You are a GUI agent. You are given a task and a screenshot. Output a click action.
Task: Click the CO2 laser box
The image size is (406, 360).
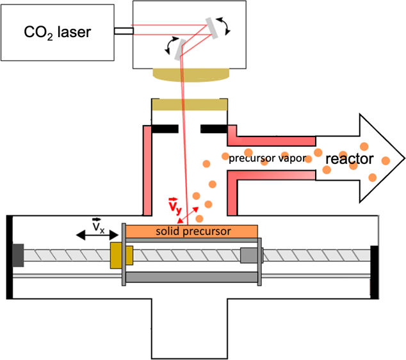click(x=58, y=32)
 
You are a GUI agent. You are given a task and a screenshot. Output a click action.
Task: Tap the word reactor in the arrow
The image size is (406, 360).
click(x=350, y=158)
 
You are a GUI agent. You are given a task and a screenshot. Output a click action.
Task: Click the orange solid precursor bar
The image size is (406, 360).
click(x=192, y=230)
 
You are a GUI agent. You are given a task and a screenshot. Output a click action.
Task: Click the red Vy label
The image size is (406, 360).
click(x=173, y=207)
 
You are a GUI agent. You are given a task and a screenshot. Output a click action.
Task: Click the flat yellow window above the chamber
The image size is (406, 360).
click(x=190, y=104)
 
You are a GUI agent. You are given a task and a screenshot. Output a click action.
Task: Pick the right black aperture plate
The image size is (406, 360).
click(x=213, y=129)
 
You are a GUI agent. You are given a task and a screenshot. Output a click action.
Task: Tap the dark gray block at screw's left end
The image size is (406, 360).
click(x=19, y=254)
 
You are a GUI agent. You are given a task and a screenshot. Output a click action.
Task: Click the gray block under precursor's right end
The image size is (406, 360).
click(x=247, y=255)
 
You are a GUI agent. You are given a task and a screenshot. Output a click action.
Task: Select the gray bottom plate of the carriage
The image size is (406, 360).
click(x=192, y=277)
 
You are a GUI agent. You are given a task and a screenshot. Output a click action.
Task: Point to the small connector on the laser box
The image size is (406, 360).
click(x=123, y=30)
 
